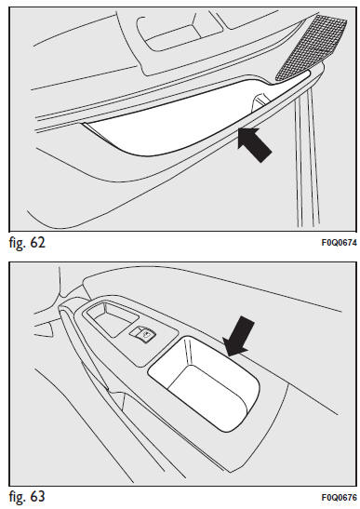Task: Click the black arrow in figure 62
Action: pos(254,144)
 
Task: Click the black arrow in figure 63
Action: pos(240,336)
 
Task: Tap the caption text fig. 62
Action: pos(27,243)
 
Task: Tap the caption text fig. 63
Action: pos(27,497)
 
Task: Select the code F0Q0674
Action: pos(339,243)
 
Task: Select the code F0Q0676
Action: pos(339,497)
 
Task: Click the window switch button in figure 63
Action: pos(143,334)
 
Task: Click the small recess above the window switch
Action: pos(111,320)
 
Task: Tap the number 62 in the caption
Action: pos(37,243)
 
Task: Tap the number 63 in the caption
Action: pos(37,496)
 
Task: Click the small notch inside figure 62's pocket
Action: pos(260,100)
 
